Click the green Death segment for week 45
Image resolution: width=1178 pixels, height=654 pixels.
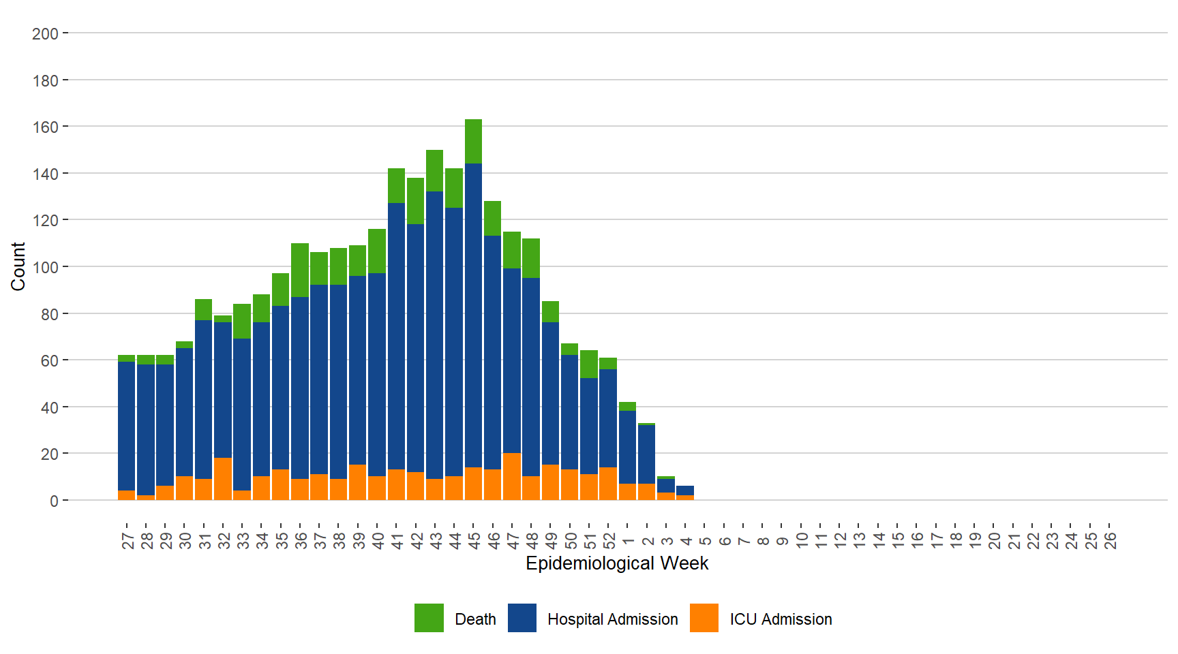coord(473,141)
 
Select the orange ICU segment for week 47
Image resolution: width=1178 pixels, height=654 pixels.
coord(512,476)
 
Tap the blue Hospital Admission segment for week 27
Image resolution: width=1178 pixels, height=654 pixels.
coord(126,426)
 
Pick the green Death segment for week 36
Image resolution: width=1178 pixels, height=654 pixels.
coord(300,270)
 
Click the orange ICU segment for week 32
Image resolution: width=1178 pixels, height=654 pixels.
coord(223,478)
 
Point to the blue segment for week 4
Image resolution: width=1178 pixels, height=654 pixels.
coord(685,490)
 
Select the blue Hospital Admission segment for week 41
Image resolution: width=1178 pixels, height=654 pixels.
coord(396,336)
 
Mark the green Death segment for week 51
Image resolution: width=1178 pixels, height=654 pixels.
coord(589,364)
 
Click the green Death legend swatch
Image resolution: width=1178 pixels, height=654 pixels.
coord(429,618)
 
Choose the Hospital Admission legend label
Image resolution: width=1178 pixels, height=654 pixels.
coord(612,619)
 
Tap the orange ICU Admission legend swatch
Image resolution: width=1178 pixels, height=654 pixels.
coord(704,618)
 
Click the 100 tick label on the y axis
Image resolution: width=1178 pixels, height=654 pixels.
coord(45,267)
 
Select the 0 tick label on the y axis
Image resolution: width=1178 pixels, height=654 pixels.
coord(54,501)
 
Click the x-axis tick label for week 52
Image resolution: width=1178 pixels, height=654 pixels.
coord(609,541)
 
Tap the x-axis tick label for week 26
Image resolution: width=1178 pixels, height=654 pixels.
coord(1110,541)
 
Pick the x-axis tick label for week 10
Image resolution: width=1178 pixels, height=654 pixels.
coord(802,541)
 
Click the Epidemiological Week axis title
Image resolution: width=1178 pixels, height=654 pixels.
coord(617,563)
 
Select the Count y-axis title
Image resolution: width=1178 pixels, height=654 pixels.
coord(18,266)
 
